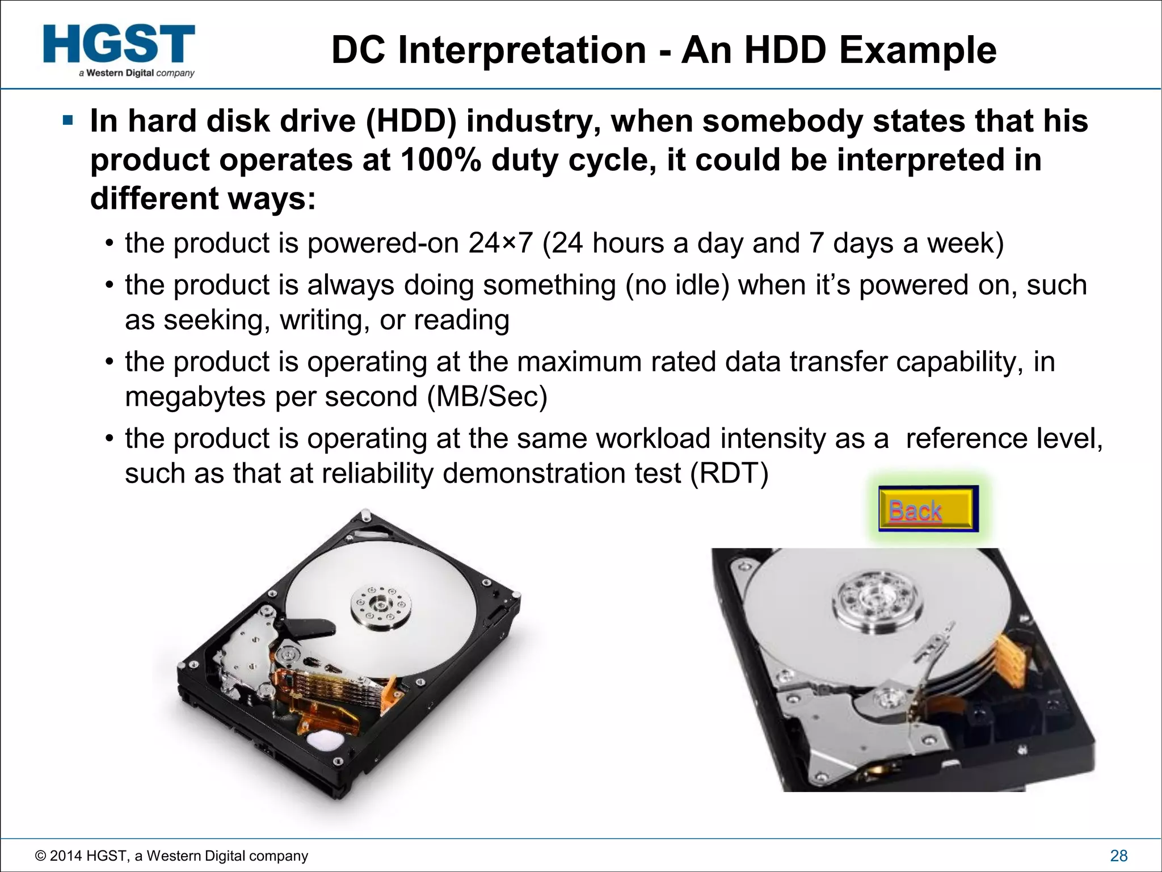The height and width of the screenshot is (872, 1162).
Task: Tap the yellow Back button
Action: click(927, 509)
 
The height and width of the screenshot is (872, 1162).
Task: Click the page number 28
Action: click(1118, 856)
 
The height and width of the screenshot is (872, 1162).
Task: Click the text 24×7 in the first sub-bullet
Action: click(500, 244)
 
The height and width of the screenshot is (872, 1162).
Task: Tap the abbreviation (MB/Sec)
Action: click(487, 396)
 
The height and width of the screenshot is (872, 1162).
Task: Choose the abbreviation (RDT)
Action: click(729, 473)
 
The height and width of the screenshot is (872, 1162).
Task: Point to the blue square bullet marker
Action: click(68, 121)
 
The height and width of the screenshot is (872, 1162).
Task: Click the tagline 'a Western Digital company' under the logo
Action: click(137, 73)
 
